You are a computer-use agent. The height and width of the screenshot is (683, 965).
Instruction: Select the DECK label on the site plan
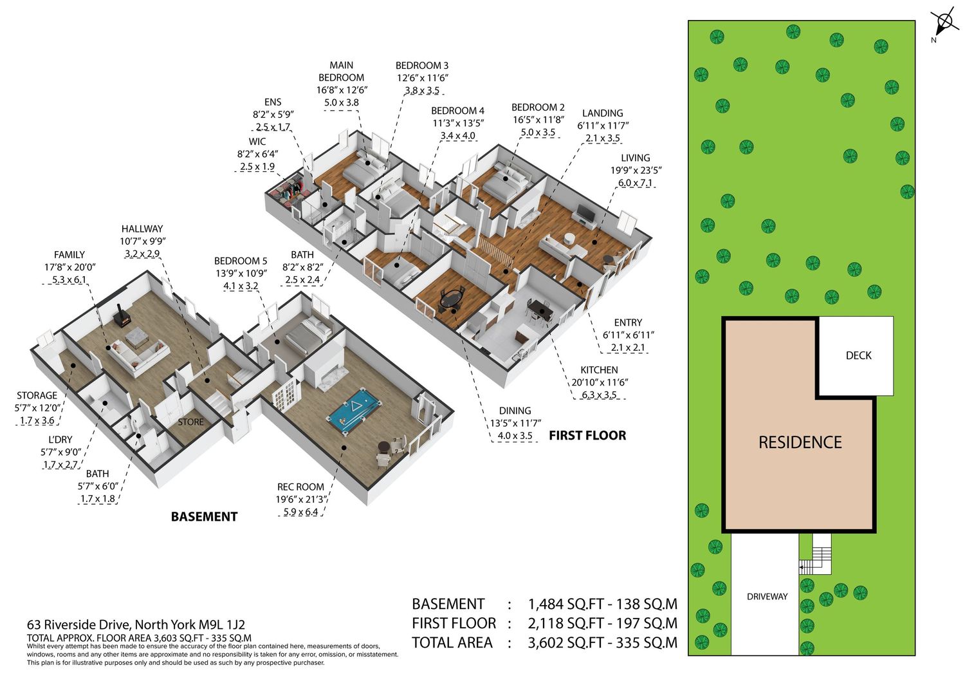pyautogui.click(x=858, y=356)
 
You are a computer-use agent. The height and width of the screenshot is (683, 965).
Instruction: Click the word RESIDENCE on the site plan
pyautogui.click(x=800, y=442)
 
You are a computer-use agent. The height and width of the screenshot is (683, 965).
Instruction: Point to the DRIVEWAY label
pyautogui.click(x=767, y=597)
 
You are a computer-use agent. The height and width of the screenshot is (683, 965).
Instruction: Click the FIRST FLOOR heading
pyautogui.click(x=587, y=436)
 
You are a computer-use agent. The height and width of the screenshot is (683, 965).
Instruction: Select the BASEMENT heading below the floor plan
pyautogui.click(x=204, y=516)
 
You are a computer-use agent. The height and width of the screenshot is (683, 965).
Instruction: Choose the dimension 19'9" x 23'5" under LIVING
pyautogui.click(x=636, y=171)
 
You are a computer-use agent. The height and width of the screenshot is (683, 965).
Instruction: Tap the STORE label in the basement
pyautogui.click(x=190, y=422)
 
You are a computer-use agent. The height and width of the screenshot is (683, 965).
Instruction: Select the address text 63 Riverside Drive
pyautogui.click(x=79, y=624)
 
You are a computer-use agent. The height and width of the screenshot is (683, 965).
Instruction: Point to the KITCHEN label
pyautogui.click(x=599, y=370)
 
